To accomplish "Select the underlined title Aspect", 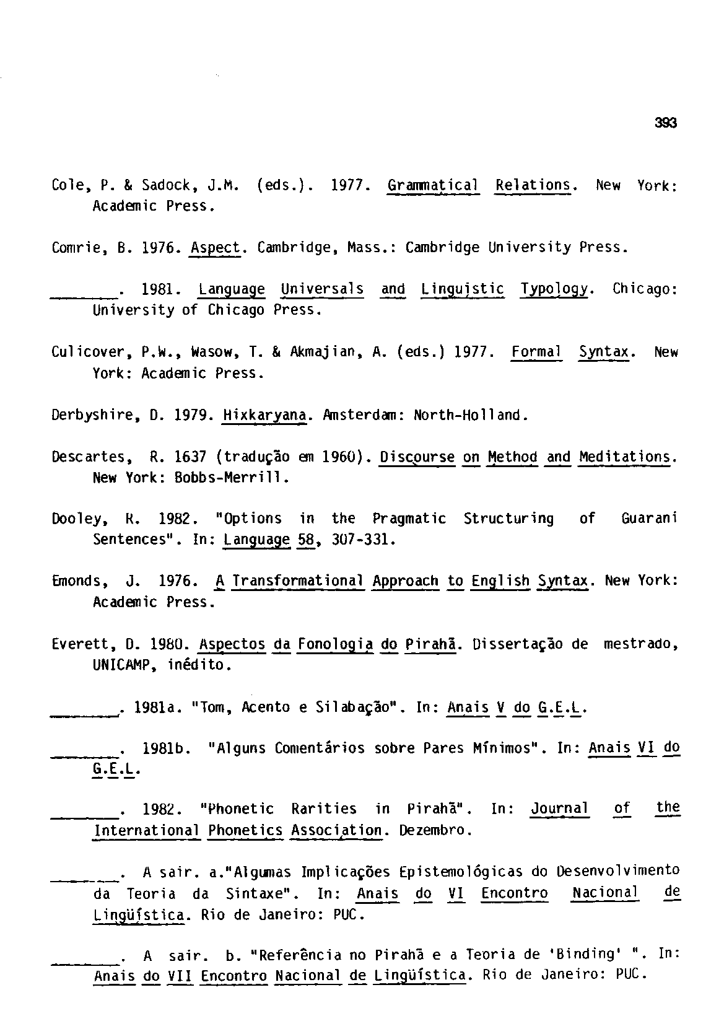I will click(215, 248).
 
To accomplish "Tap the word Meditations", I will click(626, 458).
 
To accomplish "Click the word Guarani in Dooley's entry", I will click(648, 519).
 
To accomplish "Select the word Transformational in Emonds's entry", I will click(299, 581).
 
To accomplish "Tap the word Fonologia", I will click(335, 644).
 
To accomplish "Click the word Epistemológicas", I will click(461, 872).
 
